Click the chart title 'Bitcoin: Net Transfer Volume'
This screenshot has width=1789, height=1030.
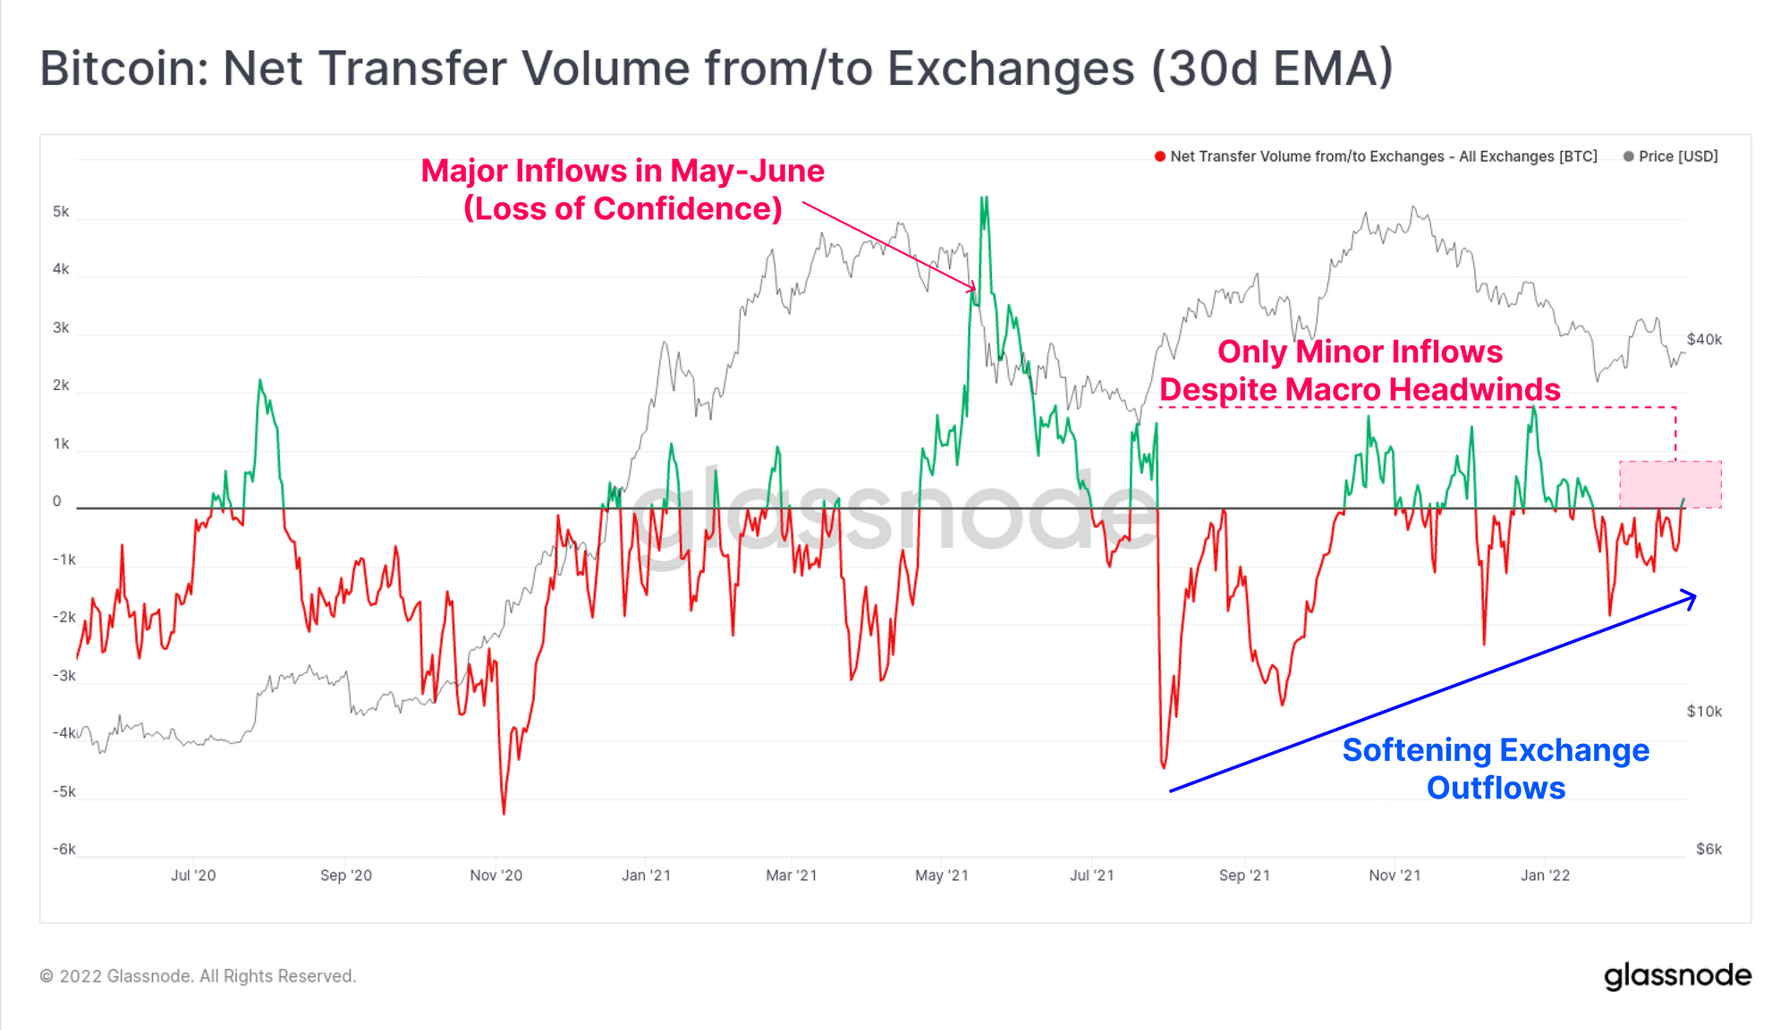tap(716, 68)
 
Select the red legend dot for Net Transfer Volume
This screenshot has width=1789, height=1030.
tap(1159, 156)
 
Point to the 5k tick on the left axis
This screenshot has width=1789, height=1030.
tap(61, 212)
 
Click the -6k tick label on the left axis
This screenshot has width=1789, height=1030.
tap(64, 849)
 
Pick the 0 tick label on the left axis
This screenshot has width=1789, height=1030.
tap(57, 502)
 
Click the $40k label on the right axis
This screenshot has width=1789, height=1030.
tap(1704, 340)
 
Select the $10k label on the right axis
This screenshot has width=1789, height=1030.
tap(1704, 712)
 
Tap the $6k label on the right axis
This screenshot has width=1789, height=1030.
tap(1708, 849)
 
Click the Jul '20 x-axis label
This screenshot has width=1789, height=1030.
tap(193, 875)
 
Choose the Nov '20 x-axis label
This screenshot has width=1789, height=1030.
tap(496, 875)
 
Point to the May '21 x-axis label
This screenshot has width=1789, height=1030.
tap(942, 875)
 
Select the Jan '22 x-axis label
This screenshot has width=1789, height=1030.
tap(1545, 875)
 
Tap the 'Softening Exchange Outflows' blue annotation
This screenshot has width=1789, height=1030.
tap(1496, 769)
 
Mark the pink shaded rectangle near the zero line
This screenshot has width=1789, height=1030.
tap(1670, 484)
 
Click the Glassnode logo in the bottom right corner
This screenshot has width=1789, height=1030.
tap(1677, 976)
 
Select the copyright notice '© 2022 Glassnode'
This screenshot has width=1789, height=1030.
tap(198, 976)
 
